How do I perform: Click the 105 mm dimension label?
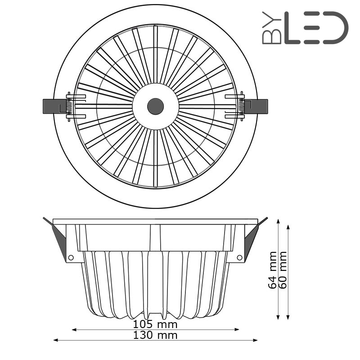(155, 324)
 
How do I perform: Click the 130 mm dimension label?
(155, 335)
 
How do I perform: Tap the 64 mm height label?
(273, 270)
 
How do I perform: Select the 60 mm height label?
(283, 270)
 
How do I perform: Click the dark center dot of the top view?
(155, 107)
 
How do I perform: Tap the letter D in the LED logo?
(336, 28)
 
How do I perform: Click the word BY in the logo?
(272, 28)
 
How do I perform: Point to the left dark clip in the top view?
(54, 106)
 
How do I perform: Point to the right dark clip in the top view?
(256, 107)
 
